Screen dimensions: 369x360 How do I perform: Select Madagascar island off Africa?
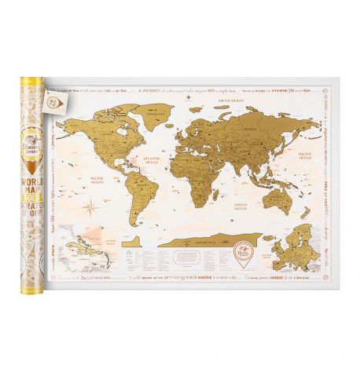click(223, 193)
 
